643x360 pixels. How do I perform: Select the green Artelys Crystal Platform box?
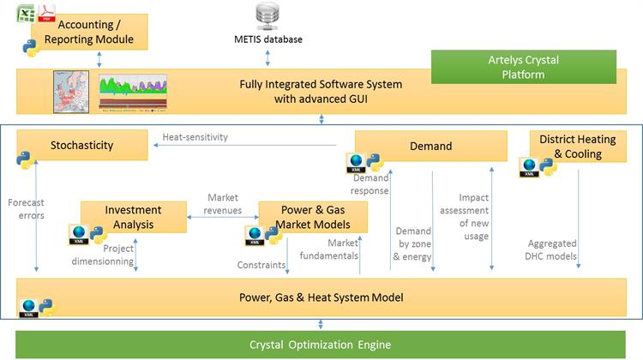click(522, 67)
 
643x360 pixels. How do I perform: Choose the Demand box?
click(429, 146)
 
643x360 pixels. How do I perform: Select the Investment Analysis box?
click(133, 216)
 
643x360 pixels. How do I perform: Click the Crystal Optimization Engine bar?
click(321, 345)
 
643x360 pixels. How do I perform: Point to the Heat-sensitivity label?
click(196, 137)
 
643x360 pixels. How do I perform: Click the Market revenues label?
click(222, 205)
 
